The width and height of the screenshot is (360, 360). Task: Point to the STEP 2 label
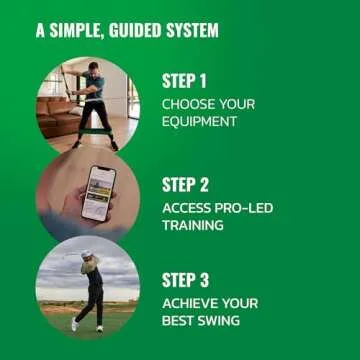pos(185,185)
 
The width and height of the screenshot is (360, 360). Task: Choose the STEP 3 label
pos(185,281)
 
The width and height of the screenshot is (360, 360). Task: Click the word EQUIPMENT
pos(199,122)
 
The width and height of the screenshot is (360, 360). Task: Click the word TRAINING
pos(192,226)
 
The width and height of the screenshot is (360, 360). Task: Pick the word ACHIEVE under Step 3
pos(190,304)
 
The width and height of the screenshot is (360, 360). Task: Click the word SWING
pos(222,322)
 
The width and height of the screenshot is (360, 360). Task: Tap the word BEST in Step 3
pos(179,322)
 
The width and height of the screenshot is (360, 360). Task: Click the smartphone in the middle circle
pos(98,192)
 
